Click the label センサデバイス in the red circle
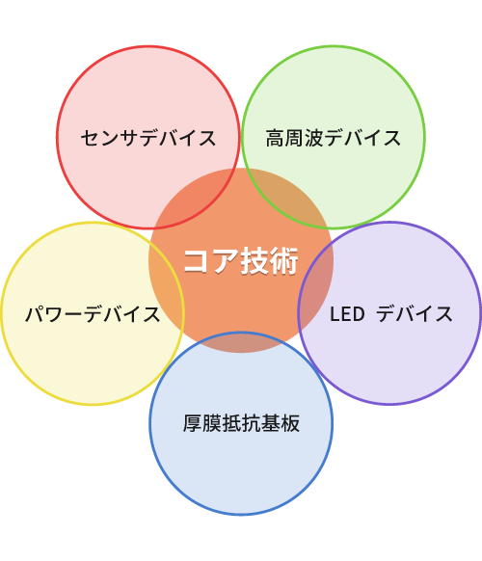[x=148, y=138]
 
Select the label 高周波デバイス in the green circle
[x=334, y=138]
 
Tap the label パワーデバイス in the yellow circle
[x=93, y=314]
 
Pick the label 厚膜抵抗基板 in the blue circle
[x=241, y=423]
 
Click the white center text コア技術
[x=241, y=261]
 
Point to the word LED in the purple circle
[x=347, y=314]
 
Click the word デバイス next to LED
[x=415, y=314]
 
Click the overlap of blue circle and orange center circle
[x=241, y=342]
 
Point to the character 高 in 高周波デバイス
[x=275, y=138]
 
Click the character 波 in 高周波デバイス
[x=314, y=138]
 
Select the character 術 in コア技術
[x=284, y=261]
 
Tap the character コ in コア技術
[x=198, y=261]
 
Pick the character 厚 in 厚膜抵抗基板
[x=193, y=423]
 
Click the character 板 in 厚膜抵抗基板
[x=290, y=423]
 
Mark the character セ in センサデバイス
[x=90, y=138]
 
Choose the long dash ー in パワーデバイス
[x=73, y=314]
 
